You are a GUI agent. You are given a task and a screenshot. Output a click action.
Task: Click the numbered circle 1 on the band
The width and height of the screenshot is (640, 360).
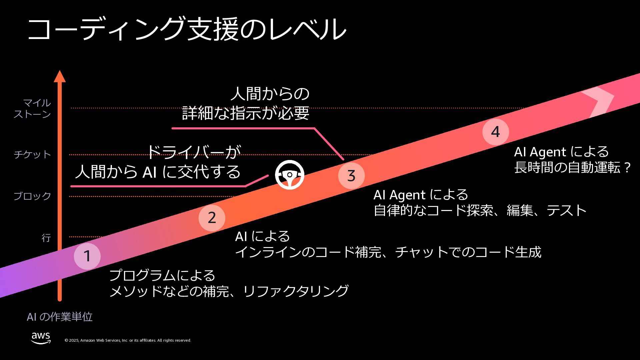point(87,256)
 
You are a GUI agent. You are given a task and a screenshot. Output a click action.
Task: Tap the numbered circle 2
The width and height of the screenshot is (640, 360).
point(212,218)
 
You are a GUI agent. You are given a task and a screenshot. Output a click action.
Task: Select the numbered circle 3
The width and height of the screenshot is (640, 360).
point(351,176)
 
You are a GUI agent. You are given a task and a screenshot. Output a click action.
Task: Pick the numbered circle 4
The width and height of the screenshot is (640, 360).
point(495,132)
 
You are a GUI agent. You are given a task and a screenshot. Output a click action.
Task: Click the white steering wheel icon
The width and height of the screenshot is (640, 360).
point(289,175)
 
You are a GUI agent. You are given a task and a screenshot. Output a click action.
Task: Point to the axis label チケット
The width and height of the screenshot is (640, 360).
point(32,154)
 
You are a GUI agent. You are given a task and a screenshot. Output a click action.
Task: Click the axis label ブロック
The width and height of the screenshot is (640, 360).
point(32,196)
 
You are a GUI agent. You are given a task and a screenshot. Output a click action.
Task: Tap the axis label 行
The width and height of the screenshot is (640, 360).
point(46,238)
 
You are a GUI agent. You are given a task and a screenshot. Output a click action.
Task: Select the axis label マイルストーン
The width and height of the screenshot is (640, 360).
point(32,108)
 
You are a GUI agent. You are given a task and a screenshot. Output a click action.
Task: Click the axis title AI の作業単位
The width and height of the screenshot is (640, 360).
point(60,317)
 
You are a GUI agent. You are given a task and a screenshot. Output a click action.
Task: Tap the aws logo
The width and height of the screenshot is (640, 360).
point(41,338)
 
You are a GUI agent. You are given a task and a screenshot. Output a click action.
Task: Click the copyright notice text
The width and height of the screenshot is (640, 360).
point(128,340)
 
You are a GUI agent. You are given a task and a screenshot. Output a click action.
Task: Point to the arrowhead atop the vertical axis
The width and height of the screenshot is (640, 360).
point(60,76)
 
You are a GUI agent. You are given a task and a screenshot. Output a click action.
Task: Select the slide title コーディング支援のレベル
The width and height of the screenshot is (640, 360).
point(187,29)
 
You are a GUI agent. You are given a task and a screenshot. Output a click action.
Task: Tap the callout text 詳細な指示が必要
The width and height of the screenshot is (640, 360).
point(246,113)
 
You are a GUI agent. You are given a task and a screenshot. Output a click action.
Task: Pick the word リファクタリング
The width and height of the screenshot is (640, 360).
point(296,291)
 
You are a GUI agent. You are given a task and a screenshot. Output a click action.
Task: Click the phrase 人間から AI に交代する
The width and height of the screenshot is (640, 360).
point(158,172)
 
